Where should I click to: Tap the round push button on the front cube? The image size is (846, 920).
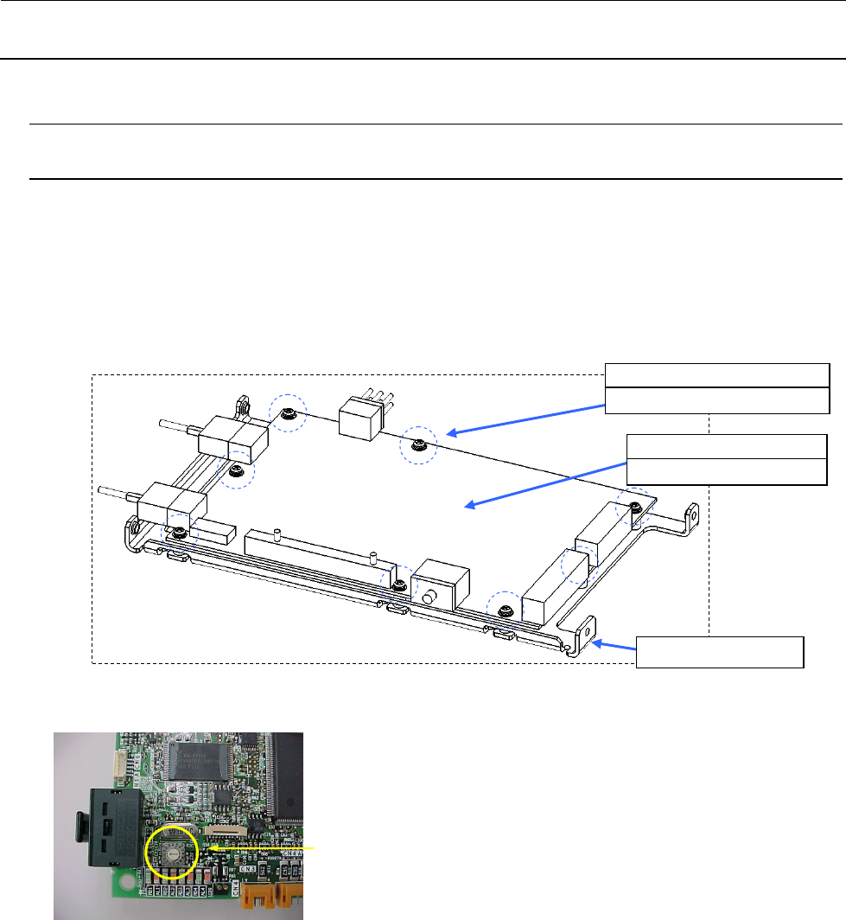pyautogui.click(x=429, y=597)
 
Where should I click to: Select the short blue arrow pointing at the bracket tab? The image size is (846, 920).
pyautogui.click(x=617, y=648)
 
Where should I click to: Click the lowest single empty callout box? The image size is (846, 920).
pyautogui.click(x=720, y=652)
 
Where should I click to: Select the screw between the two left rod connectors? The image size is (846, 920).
pyautogui.click(x=235, y=471)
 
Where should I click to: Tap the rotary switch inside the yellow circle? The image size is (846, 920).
pyautogui.click(x=173, y=853)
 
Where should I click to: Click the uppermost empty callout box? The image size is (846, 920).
pyautogui.click(x=717, y=374)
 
